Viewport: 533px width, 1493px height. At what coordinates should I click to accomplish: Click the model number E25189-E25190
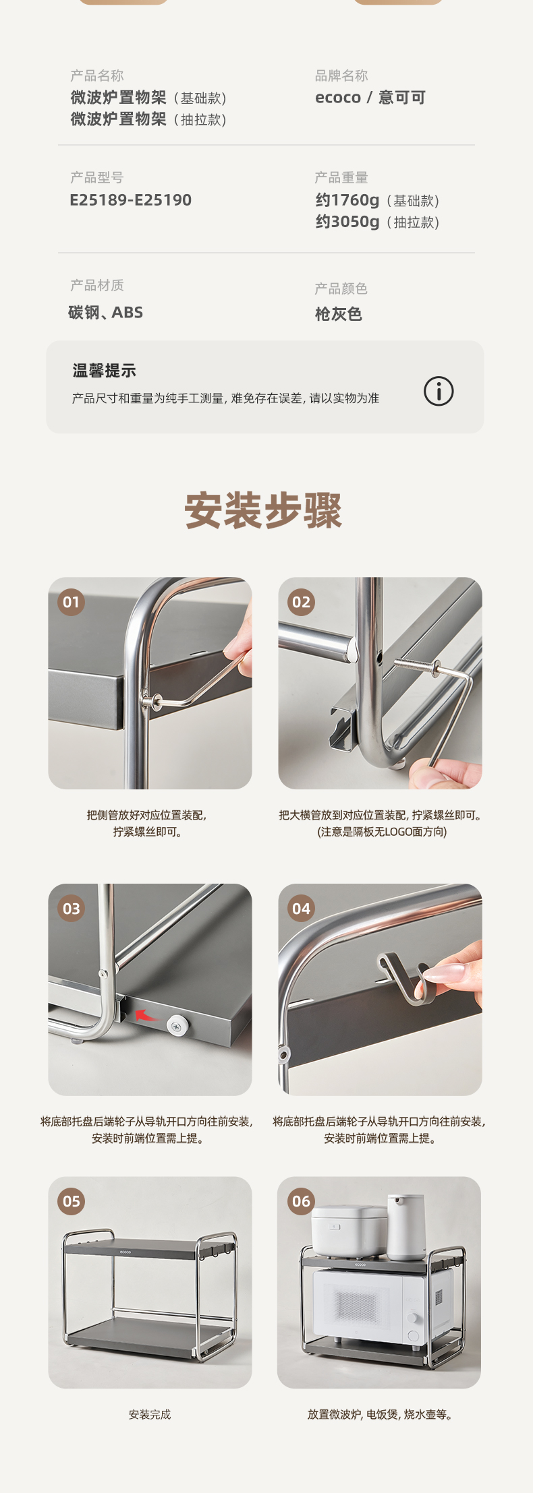tap(131, 200)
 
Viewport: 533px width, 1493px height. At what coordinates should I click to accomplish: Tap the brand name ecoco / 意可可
tap(370, 98)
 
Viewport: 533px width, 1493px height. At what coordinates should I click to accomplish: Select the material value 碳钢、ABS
tap(105, 312)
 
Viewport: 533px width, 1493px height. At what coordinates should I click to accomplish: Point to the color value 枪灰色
tap(339, 314)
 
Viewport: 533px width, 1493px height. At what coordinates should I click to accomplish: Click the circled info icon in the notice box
tap(439, 391)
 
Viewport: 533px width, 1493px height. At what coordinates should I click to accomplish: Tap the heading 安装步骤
tap(263, 510)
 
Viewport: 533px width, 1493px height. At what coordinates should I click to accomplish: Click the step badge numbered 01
tap(71, 602)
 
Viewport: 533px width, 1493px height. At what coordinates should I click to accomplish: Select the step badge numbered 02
tap(301, 602)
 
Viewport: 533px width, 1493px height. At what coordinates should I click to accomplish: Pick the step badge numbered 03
tap(71, 909)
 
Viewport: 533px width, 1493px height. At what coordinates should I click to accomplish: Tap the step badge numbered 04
tap(301, 909)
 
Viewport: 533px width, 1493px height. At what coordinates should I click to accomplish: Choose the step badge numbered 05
tap(71, 1201)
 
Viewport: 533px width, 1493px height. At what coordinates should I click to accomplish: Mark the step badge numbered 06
tap(301, 1201)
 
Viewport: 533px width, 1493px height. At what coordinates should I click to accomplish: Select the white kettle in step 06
tap(406, 1227)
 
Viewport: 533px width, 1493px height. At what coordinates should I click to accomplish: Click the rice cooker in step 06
tap(349, 1231)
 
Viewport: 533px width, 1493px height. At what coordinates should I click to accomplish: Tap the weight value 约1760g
tap(347, 200)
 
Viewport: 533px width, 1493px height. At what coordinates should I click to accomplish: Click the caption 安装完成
tap(150, 1414)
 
